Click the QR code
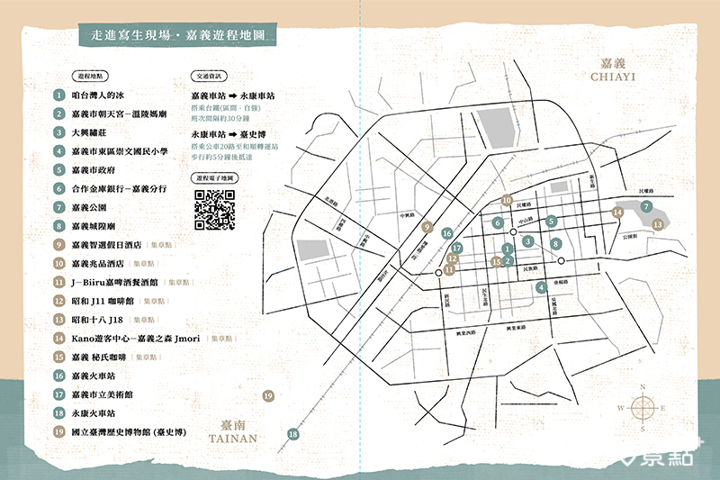click(x=215, y=208)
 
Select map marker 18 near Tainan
click(x=292, y=436)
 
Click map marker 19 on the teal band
click(x=267, y=395)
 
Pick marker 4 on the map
click(x=541, y=287)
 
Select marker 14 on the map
click(x=617, y=213)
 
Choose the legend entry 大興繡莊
click(x=93, y=131)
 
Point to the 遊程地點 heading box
click(x=90, y=77)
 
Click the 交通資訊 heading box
click(x=211, y=77)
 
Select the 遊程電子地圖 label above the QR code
click(x=214, y=179)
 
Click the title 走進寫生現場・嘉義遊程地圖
click(x=184, y=35)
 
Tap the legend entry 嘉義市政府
click(x=95, y=169)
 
